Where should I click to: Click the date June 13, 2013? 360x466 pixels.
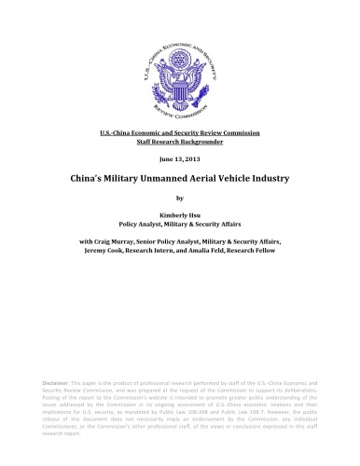click(x=180, y=159)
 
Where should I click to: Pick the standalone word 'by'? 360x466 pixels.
click(x=180, y=199)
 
